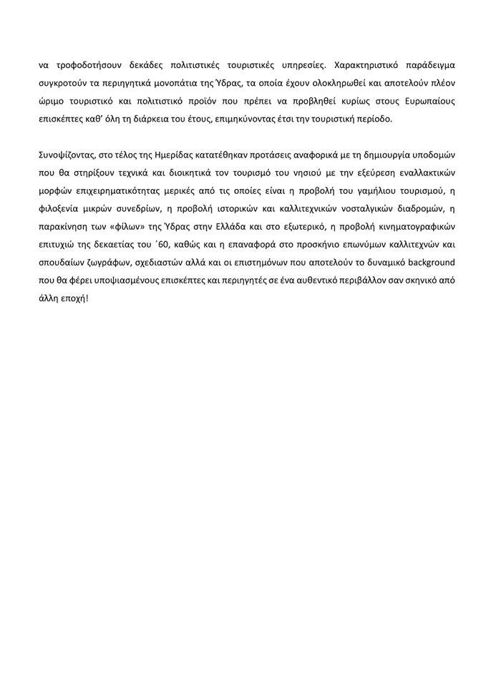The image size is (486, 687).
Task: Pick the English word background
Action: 418,266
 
